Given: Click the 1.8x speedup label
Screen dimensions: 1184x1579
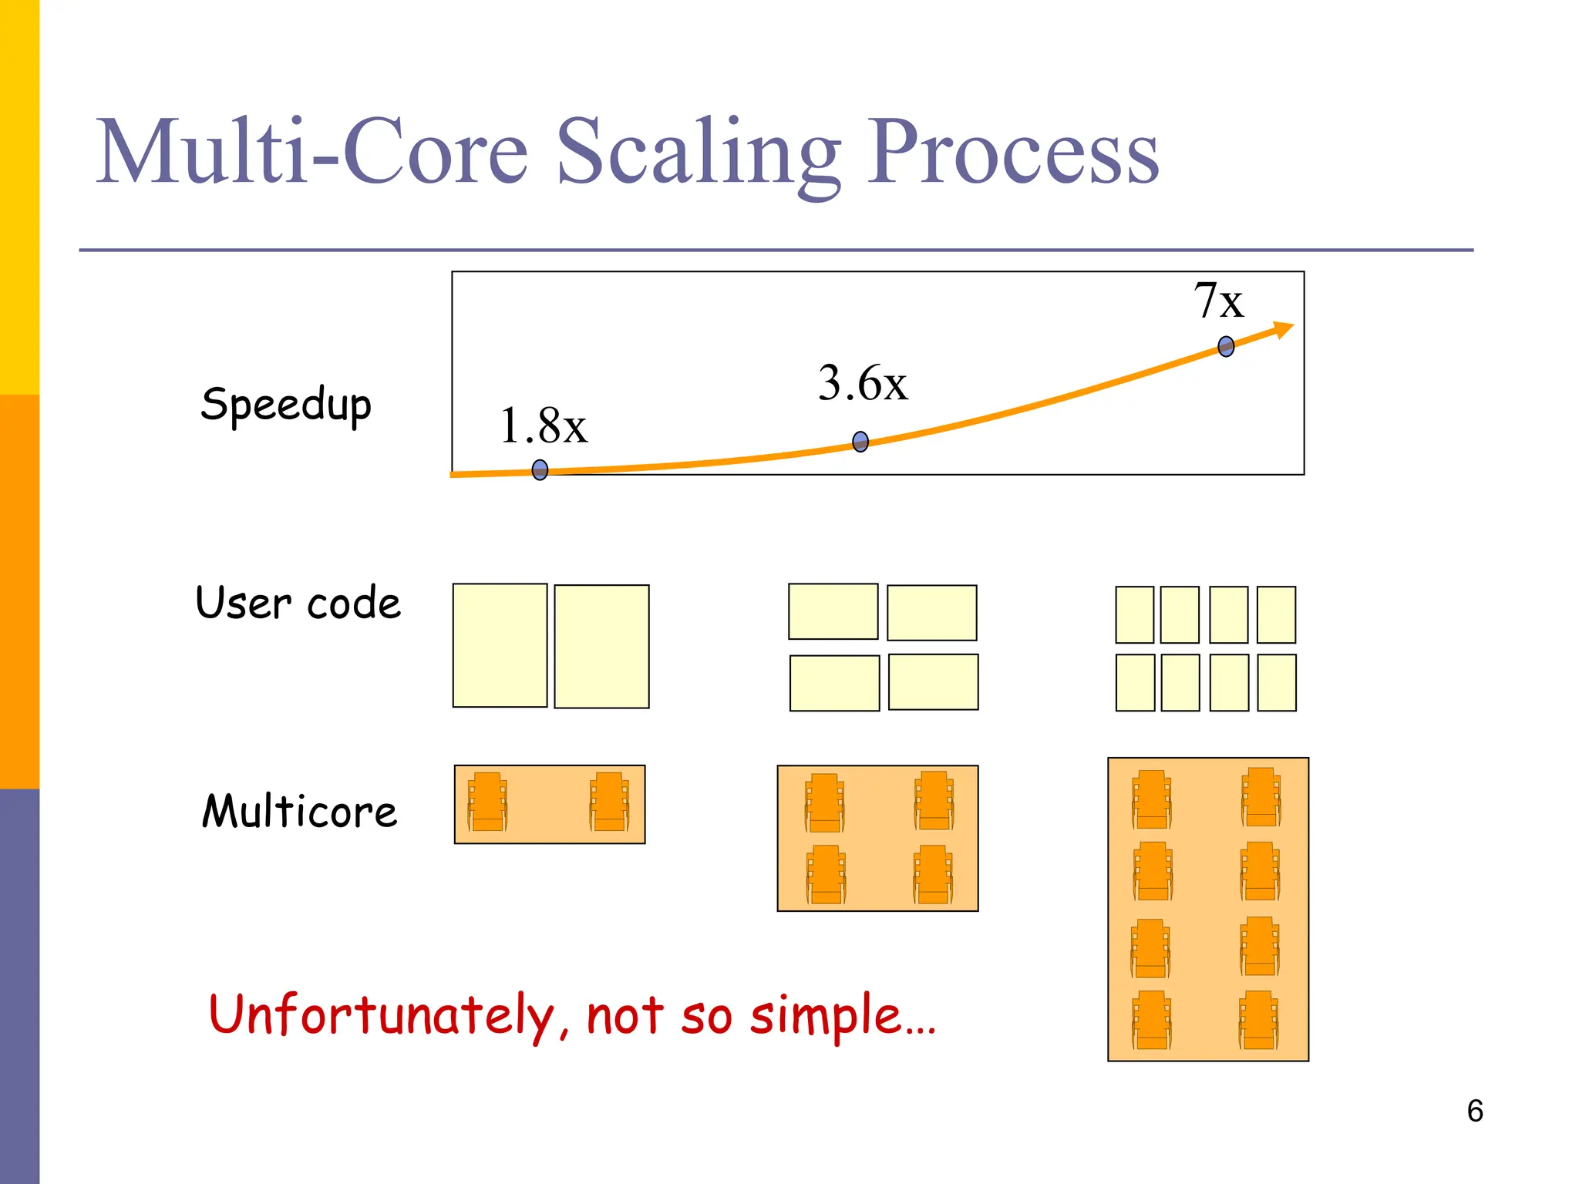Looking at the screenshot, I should tap(544, 425).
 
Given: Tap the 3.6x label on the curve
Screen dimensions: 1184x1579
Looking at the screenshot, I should tap(863, 383).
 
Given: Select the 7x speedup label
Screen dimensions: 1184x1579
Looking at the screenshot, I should tap(1218, 301).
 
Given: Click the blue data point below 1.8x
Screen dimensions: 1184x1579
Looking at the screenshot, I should tap(540, 469).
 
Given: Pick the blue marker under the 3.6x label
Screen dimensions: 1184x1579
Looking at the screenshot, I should tap(860, 442).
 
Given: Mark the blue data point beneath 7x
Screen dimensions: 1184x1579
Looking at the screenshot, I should tap(1226, 346).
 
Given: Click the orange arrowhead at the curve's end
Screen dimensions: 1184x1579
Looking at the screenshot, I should tap(1283, 330).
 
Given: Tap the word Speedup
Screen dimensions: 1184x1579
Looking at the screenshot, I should tap(286, 405).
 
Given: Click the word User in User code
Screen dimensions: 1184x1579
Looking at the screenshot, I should tap(244, 603).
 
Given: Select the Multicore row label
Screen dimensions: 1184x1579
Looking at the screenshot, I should tap(299, 812).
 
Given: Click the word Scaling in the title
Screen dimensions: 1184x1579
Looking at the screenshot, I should tap(698, 152).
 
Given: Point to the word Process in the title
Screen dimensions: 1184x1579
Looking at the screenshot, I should tap(1012, 152).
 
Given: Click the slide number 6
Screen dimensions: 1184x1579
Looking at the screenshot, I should tap(1474, 1111).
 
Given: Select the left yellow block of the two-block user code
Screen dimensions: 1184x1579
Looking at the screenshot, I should tap(500, 645).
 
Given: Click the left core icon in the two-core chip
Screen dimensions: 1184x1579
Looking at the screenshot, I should tap(487, 802).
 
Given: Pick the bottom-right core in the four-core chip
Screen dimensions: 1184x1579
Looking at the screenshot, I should tap(933, 874).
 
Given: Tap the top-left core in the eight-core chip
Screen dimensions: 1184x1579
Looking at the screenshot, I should tap(1151, 799).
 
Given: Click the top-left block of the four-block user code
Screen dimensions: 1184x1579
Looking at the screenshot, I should tap(833, 611).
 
